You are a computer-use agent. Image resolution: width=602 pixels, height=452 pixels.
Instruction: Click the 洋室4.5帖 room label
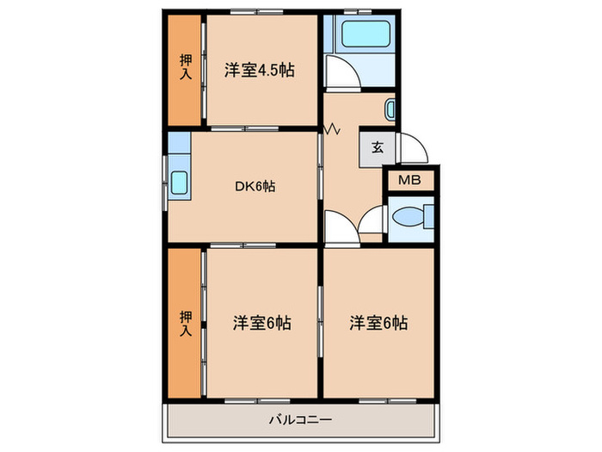click(260, 71)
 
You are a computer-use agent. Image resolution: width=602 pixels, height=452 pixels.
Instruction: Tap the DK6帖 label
click(255, 186)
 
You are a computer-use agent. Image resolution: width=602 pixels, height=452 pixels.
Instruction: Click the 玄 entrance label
click(378, 147)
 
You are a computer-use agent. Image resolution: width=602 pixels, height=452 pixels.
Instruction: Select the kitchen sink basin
click(181, 183)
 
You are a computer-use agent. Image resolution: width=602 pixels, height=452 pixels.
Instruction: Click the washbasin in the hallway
click(390, 110)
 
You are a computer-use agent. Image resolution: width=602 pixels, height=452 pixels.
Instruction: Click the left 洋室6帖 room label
click(261, 324)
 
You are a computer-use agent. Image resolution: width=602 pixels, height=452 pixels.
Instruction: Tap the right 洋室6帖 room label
click(378, 324)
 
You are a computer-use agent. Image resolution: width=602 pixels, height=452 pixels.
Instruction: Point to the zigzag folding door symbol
click(334, 129)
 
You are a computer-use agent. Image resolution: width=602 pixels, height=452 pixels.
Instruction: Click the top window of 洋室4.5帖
click(258, 12)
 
